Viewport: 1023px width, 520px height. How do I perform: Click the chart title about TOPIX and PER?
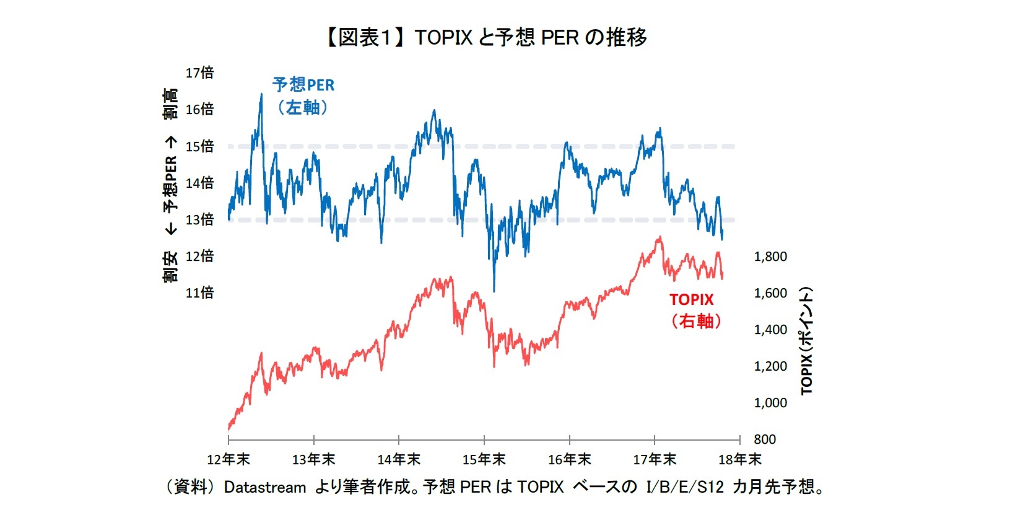tap(486, 37)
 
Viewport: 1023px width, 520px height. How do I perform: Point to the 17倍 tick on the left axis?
tap(199, 73)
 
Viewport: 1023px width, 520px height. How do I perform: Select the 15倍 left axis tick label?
tap(199, 146)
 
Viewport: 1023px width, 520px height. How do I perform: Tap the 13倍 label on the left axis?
tap(199, 219)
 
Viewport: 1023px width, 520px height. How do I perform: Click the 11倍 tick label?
tap(199, 293)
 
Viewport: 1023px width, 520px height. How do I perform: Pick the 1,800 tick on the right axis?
tap(770, 257)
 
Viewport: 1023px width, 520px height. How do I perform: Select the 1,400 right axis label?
tap(770, 330)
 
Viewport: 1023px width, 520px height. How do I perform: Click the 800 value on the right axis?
tap(765, 439)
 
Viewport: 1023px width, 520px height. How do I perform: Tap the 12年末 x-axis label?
tap(228, 460)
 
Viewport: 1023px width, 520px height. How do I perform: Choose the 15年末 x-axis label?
tap(484, 460)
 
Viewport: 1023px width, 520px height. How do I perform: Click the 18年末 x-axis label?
tap(739, 460)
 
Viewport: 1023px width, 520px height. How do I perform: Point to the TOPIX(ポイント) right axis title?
tap(806, 340)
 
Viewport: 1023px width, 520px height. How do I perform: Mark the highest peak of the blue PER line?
tap(261, 95)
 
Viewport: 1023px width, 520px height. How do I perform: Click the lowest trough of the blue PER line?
tap(494, 290)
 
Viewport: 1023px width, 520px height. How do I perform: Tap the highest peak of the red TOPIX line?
tap(660, 237)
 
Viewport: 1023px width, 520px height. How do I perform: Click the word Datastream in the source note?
tap(264, 488)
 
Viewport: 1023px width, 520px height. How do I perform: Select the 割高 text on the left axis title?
tap(170, 104)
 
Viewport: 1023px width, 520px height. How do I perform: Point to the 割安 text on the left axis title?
tap(170, 267)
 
